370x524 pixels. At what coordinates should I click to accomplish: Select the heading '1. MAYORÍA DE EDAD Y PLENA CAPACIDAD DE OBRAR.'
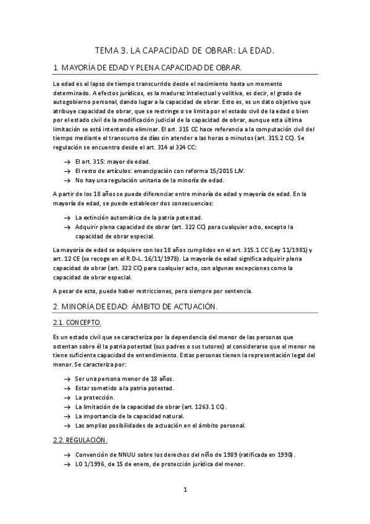148,67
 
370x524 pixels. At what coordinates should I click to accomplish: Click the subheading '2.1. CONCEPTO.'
77,323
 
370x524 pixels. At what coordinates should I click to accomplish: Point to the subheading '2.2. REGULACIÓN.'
80,440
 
